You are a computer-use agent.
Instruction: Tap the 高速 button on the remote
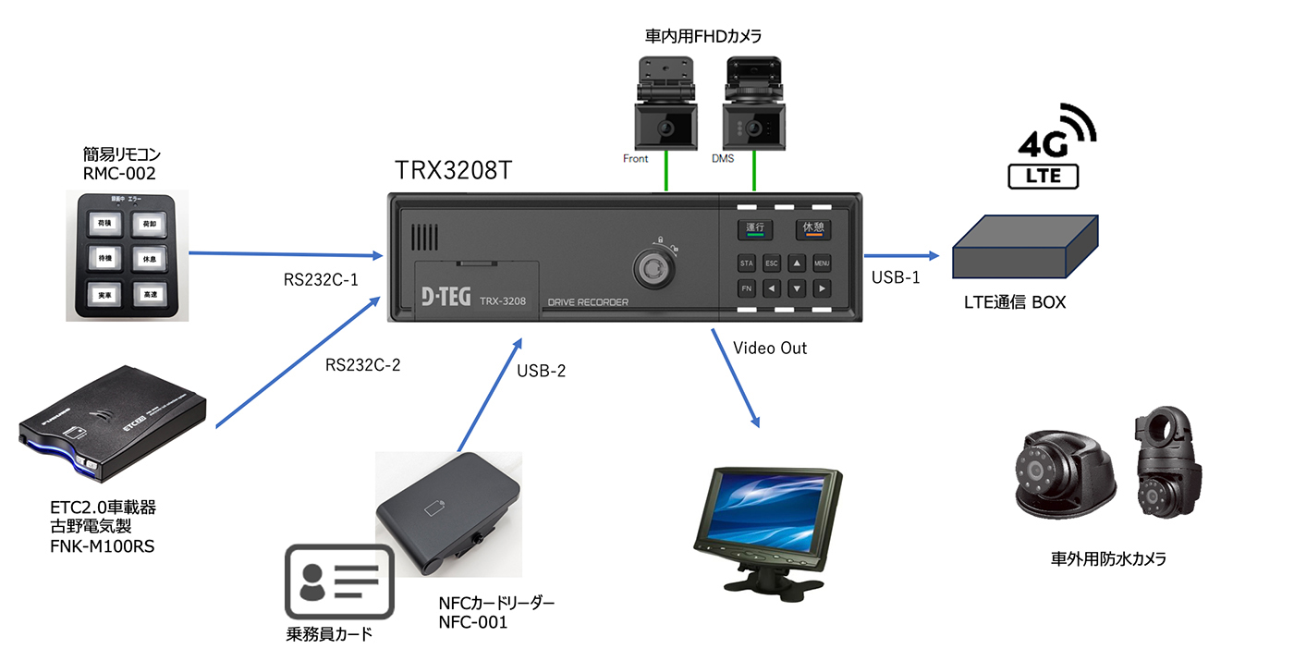coord(148,294)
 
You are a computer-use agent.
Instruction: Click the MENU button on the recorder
coord(821,263)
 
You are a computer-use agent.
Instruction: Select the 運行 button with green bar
coord(753,229)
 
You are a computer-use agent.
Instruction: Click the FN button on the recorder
coord(747,288)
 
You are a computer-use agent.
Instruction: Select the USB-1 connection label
coord(896,277)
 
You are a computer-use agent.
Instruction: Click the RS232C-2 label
coord(362,364)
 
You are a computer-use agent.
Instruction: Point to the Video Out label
coord(769,348)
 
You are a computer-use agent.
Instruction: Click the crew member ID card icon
coord(338,581)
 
